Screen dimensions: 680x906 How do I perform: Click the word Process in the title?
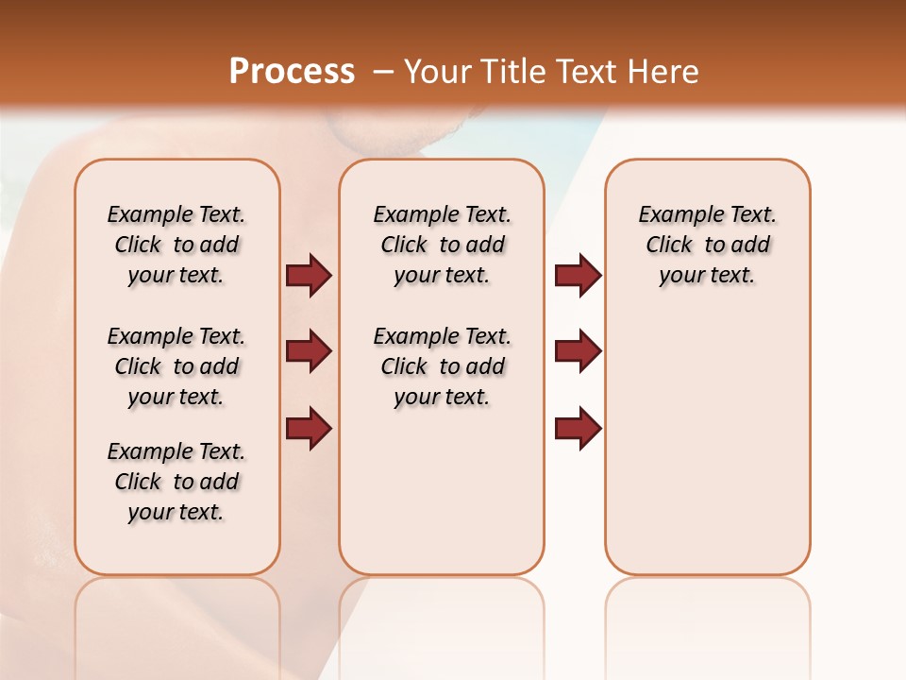pos(292,71)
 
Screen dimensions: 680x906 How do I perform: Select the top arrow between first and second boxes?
pos(308,275)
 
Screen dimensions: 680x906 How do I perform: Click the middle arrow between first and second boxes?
pos(308,351)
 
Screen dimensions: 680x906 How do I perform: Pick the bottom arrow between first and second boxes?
pos(308,428)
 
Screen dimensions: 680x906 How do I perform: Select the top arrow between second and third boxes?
pos(577,275)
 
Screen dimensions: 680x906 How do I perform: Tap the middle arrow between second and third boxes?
pos(577,351)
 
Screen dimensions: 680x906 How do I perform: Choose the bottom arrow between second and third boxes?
pos(577,428)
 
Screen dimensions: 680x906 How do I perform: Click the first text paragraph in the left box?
pos(176,245)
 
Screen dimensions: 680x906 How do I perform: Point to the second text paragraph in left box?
pos(176,366)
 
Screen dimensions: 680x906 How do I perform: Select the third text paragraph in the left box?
pos(176,482)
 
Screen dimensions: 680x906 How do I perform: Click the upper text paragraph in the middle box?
pos(442,245)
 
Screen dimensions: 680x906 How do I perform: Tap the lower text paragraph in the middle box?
pos(442,366)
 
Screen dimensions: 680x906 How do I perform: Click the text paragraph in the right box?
pos(707,245)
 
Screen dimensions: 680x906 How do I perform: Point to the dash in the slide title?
pos(383,72)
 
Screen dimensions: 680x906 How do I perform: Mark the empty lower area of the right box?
pos(707,444)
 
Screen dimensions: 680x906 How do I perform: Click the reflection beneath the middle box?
pos(442,623)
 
